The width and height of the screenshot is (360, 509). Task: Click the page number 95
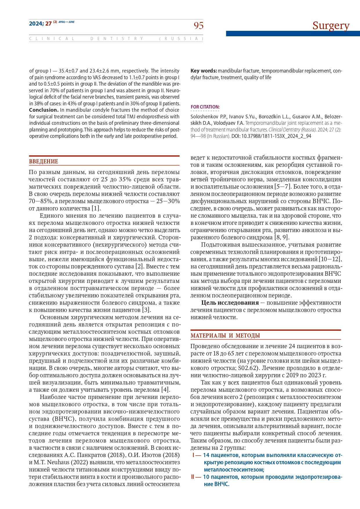(x=198, y=26)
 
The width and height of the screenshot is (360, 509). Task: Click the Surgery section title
(x=331, y=26)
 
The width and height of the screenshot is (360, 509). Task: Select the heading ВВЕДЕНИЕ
(x=44, y=162)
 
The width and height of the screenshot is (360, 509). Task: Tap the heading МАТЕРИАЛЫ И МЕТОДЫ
(x=225, y=336)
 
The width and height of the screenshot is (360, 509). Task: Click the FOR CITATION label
(x=205, y=107)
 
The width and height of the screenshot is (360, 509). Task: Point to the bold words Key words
(x=204, y=71)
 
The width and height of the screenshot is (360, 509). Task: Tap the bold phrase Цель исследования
(x=230, y=303)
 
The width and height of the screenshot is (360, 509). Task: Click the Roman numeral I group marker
(x=193, y=455)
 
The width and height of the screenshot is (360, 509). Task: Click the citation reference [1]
(x=96, y=208)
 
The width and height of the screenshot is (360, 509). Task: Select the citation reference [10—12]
(x=330, y=259)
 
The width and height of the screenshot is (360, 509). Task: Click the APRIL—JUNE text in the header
(x=66, y=22)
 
